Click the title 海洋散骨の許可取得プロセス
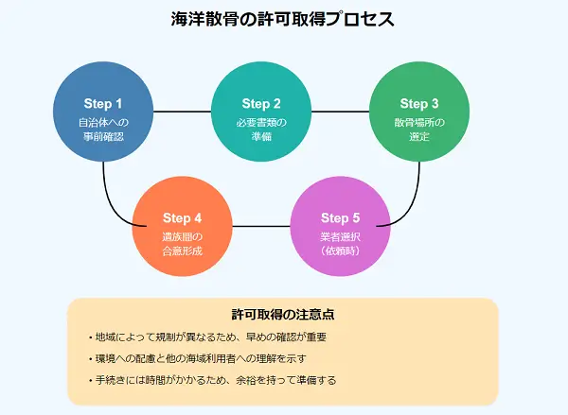pyautogui.click(x=283, y=19)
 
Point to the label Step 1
pyautogui.click(x=102, y=103)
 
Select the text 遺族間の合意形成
pyautogui.click(x=183, y=245)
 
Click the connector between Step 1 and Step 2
pyautogui.click(x=182, y=112)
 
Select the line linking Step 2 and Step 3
pyautogui.click(x=340, y=112)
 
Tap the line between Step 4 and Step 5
pyautogui.click(x=261, y=226)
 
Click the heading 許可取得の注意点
pyautogui.click(x=283, y=313)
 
